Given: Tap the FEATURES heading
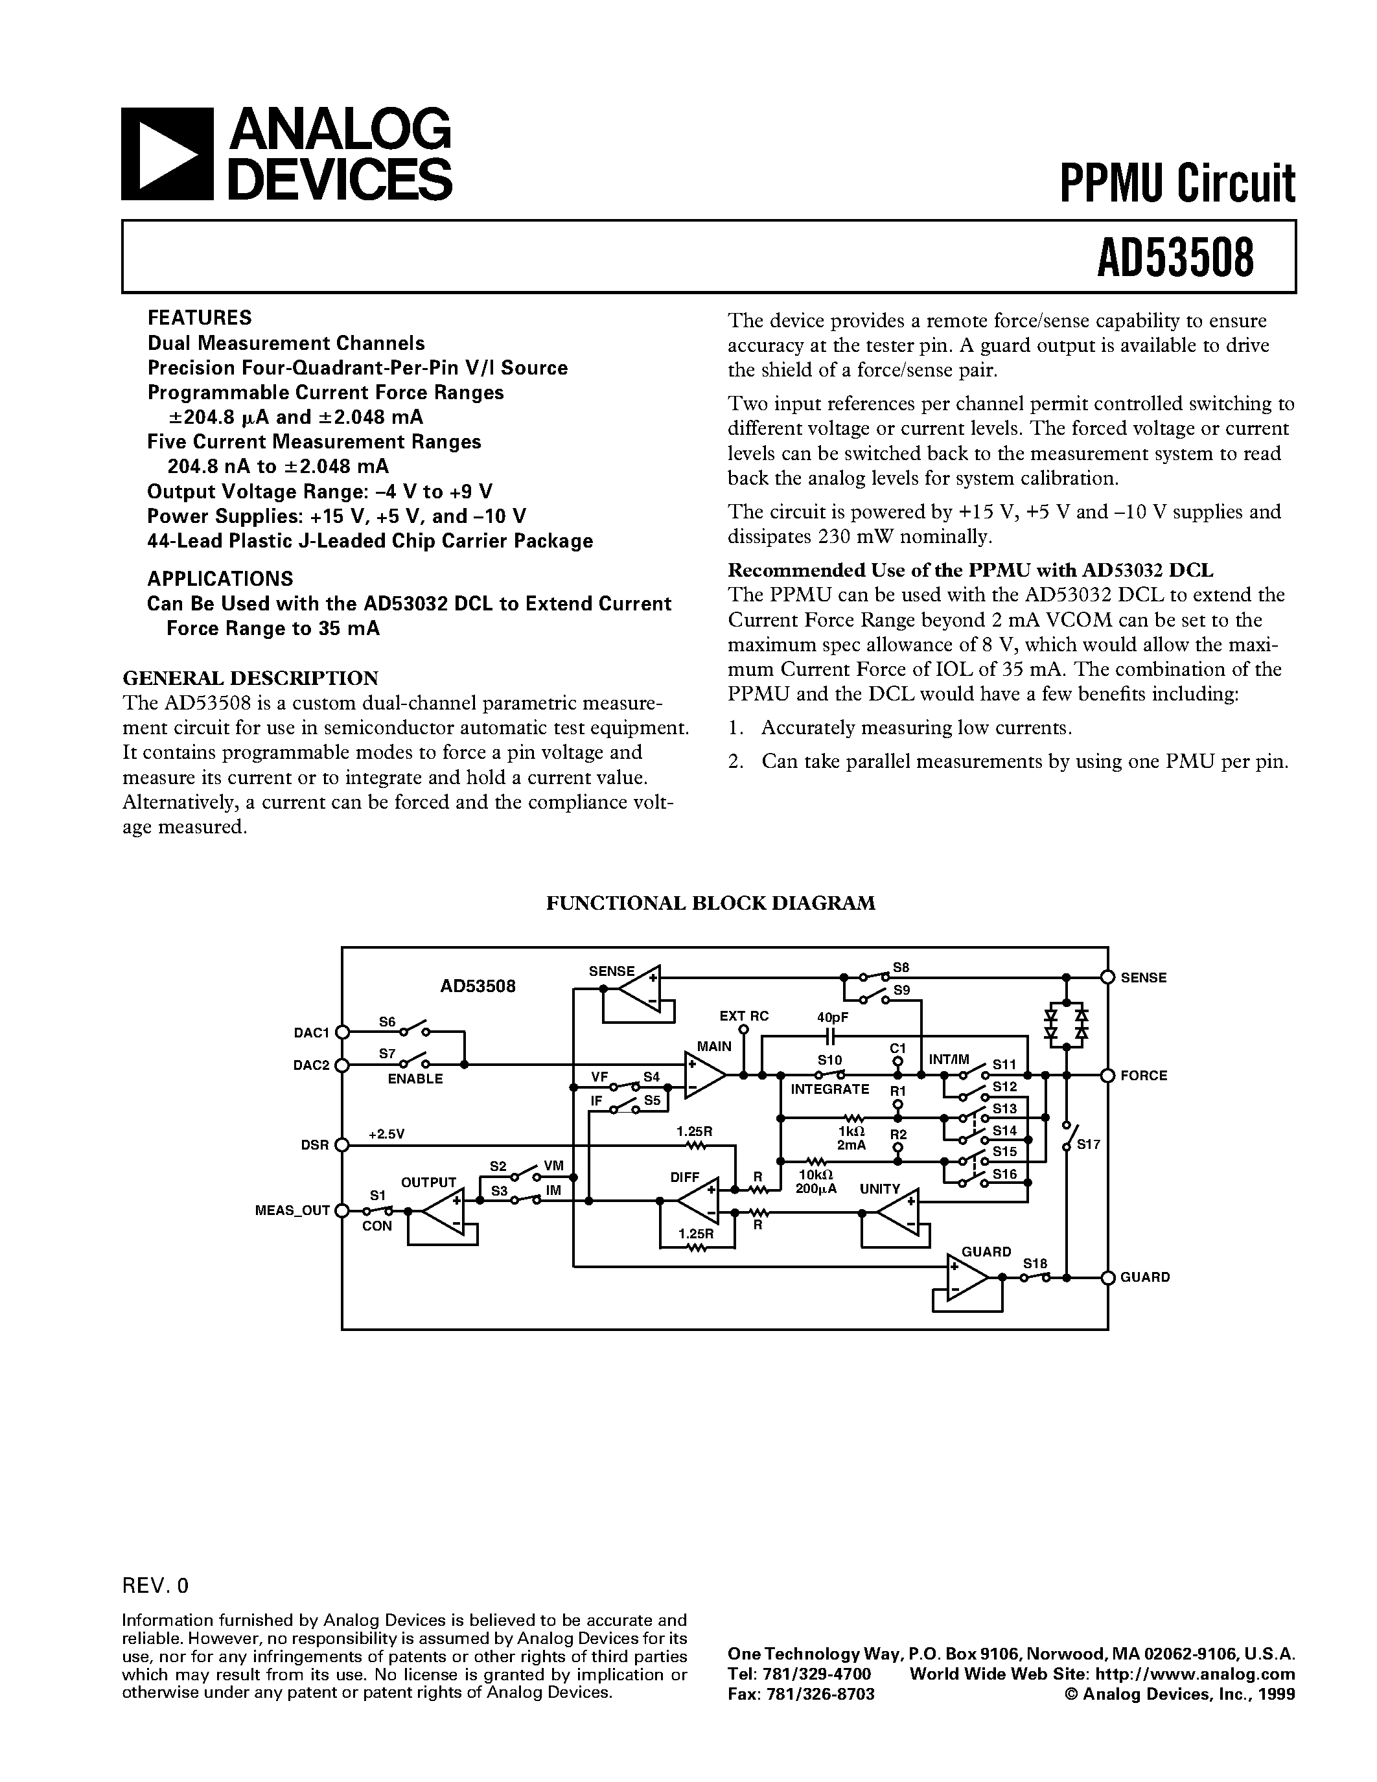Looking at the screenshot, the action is [199, 318].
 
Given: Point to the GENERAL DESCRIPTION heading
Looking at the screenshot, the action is [250, 678].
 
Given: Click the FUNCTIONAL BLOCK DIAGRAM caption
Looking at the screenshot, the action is [710, 903].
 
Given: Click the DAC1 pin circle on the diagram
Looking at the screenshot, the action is [343, 1032].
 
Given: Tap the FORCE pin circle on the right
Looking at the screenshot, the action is [1107, 1076].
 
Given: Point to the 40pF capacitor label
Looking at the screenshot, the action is [832, 1017].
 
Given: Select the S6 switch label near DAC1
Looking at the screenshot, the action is [387, 1021].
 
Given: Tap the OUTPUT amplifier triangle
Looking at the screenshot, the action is [441, 1211].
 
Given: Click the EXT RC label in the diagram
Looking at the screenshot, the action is [743, 1016].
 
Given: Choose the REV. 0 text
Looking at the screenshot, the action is [155, 1586].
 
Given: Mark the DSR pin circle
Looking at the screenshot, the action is [343, 1145].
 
